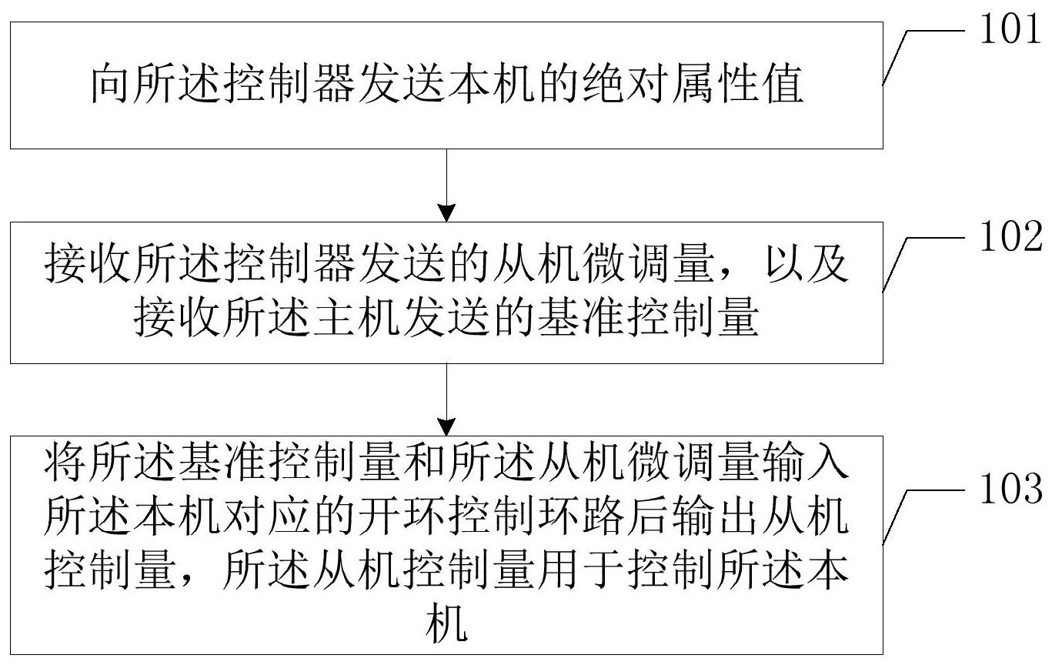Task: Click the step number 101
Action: point(1010,28)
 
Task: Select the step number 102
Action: point(1010,236)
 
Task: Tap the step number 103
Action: point(1010,489)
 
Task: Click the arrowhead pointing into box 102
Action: point(446,213)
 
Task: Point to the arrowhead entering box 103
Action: point(446,427)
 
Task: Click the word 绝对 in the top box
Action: point(626,85)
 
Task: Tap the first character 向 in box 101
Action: point(110,85)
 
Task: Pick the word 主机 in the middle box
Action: point(357,317)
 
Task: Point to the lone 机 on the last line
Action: point(446,623)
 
